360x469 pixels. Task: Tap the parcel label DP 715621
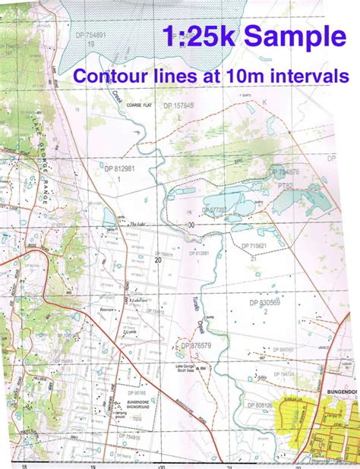[x=257, y=247]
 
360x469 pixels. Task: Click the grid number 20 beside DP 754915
[x=158, y=260]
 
